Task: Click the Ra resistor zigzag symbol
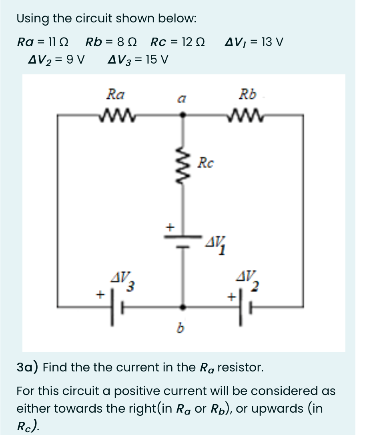(x=115, y=115)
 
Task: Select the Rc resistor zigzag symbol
(x=183, y=164)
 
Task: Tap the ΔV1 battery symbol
(x=183, y=241)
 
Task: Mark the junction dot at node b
(x=183, y=307)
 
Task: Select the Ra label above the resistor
(x=115, y=95)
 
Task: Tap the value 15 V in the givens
(x=156, y=60)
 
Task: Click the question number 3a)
(x=27, y=367)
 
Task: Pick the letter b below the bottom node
(x=181, y=329)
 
